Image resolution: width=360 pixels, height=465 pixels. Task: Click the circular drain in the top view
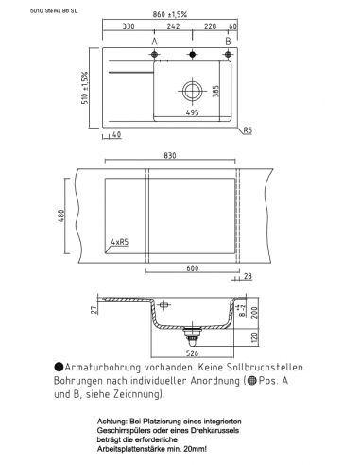click(193, 93)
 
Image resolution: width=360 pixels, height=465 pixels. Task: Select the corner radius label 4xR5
click(120, 242)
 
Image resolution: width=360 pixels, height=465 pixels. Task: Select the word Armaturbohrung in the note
click(101, 366)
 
